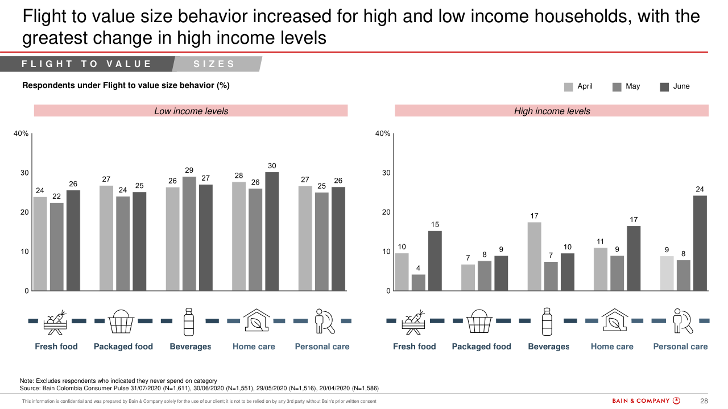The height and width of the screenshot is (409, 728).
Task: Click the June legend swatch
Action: click(664, 87)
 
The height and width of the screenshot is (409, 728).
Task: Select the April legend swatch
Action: click(569, 87)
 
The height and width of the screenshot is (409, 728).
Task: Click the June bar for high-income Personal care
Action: click(700, 243)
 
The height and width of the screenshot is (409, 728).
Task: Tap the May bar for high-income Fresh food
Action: click(418, 282)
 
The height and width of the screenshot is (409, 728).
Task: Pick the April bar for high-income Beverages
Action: click(534, 256)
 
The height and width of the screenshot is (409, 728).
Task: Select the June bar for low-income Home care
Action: click(272, 231)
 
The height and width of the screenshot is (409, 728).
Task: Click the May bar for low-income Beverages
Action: click(189, 233)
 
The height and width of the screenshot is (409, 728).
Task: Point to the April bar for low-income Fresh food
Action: click(40, 244)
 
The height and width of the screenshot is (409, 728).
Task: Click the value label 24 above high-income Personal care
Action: click(700, 189)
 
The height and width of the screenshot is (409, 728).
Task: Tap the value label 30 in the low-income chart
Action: click(272, 165)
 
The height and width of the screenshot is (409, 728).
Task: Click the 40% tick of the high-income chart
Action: click(383, 134)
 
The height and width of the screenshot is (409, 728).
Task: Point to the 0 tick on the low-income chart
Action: click(26, 291)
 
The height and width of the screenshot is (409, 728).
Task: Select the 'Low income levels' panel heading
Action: click(191, 111)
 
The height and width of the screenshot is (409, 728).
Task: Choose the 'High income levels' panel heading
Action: click(552, 111)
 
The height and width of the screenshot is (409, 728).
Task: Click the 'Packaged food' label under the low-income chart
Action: click(123, 347)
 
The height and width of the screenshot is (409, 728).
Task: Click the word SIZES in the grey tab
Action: click(214, 64)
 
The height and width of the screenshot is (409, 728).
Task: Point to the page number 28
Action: click(704, 401)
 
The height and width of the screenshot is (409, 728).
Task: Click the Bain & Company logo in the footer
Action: click(646, 401)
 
